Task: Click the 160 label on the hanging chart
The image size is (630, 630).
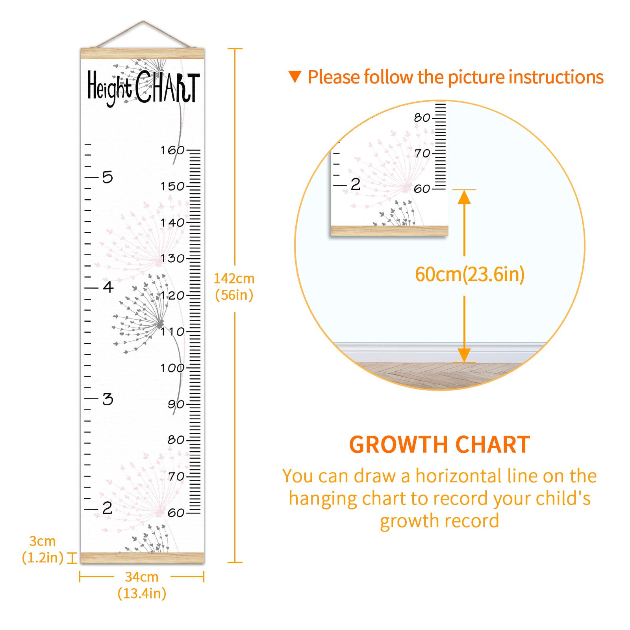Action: point(172,150)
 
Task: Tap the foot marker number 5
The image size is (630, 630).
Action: point(107,177)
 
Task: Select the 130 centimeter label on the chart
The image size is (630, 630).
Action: point(172,258)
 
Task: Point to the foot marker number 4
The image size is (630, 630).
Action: point(108,287)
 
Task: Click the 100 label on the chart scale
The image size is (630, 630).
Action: point(172,368)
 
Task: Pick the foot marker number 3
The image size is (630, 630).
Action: point(107,399)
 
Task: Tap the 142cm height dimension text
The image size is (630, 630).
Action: point(234,287)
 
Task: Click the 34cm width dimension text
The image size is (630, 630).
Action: point(142,585)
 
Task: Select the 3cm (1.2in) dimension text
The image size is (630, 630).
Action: point(43,549)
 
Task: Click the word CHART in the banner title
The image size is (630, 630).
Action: point(168,87)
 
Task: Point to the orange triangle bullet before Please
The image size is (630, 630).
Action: point(295,76)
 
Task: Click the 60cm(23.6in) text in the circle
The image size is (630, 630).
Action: point(470,274)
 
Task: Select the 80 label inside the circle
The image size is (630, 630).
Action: point(422,117)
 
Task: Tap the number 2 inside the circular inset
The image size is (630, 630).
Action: point(356,184)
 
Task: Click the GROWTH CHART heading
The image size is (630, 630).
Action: point(440,445)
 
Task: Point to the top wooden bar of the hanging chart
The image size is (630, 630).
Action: point(143,54)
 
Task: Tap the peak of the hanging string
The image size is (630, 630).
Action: point(143,21)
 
